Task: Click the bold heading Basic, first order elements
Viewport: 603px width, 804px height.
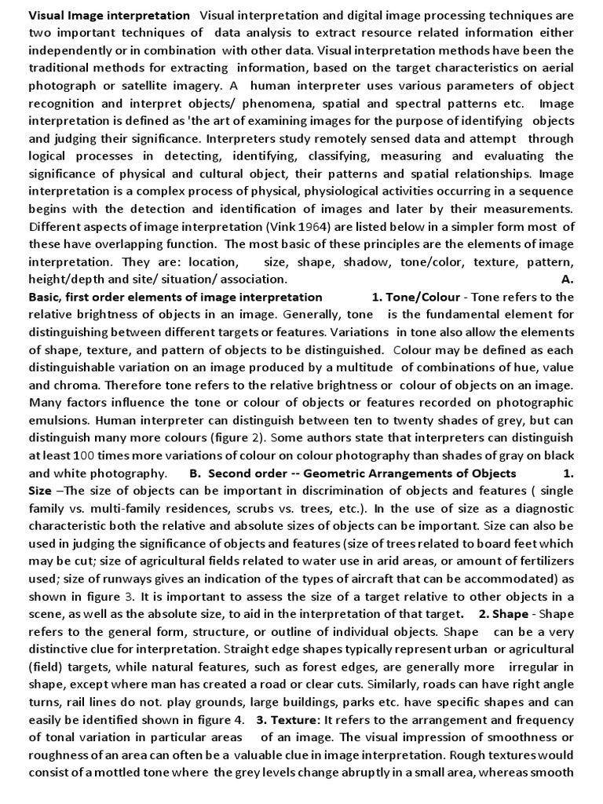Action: tap(175, 297)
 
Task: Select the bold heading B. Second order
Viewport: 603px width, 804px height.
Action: tap(353, 473)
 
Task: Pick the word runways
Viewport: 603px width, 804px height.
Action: tap(119, 579)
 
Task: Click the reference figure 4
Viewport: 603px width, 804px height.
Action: tap(212, 719)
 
